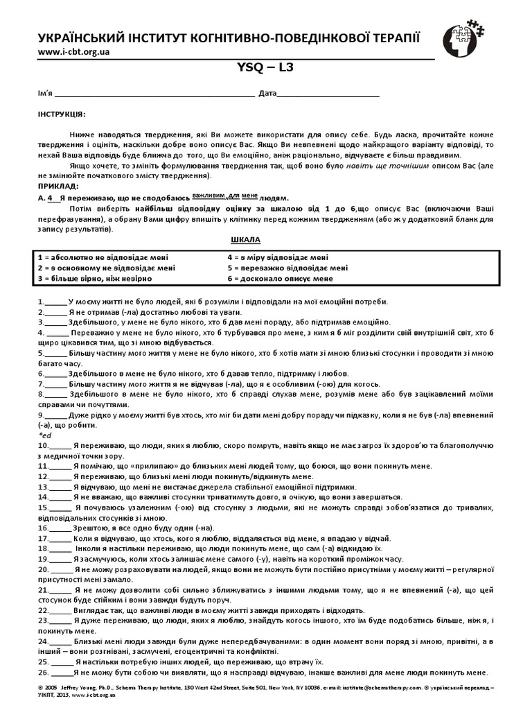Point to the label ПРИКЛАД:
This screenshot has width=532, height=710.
[x=57, y=187]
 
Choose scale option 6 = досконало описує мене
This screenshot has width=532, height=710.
[x=275, y=279]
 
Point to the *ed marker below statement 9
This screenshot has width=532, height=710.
[x=45, y=435]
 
